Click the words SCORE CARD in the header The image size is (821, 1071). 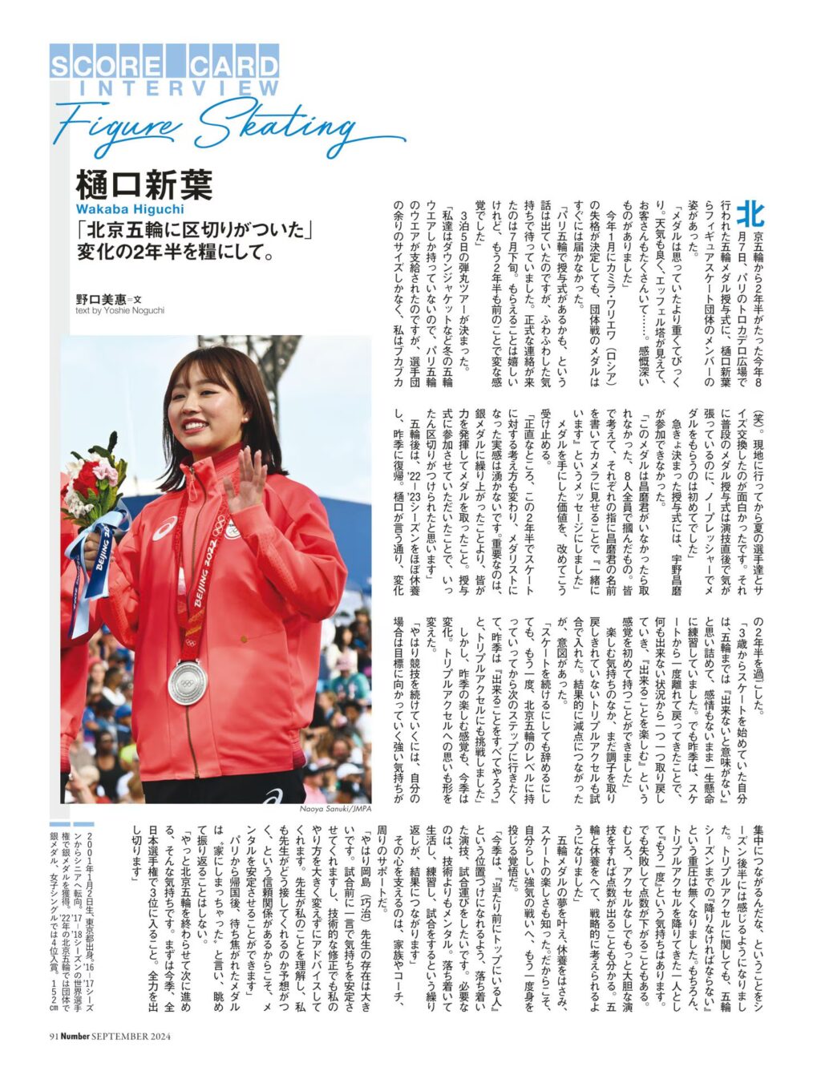pos(164,65)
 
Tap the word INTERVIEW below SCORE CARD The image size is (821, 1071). pos(177,88)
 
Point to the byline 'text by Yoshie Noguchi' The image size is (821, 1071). pos(119,310)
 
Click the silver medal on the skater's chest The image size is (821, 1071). pos(188,681)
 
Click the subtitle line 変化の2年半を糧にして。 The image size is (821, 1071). pos(176,253)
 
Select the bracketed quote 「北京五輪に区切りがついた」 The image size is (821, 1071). pos(194,229)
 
